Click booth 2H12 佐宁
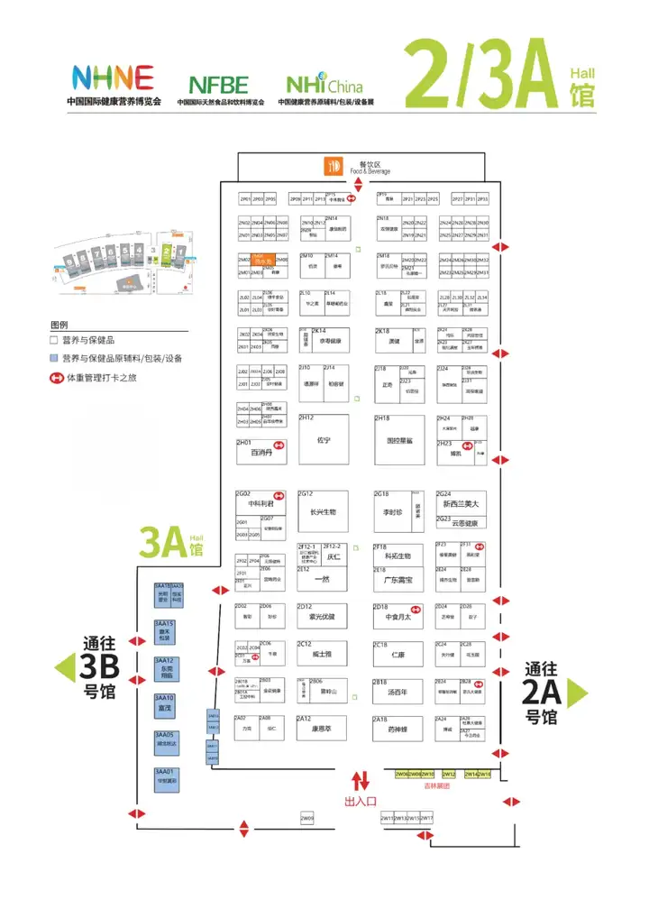pos(324,439)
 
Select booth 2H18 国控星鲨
pos(398,439)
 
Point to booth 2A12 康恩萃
pos(323,728)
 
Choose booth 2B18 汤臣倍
pos(398,692)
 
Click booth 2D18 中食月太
pos(398,617)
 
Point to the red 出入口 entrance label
pos(361,800)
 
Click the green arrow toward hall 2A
pos(578,692)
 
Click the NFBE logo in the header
pos(219,85)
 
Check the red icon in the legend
pos(55,378)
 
